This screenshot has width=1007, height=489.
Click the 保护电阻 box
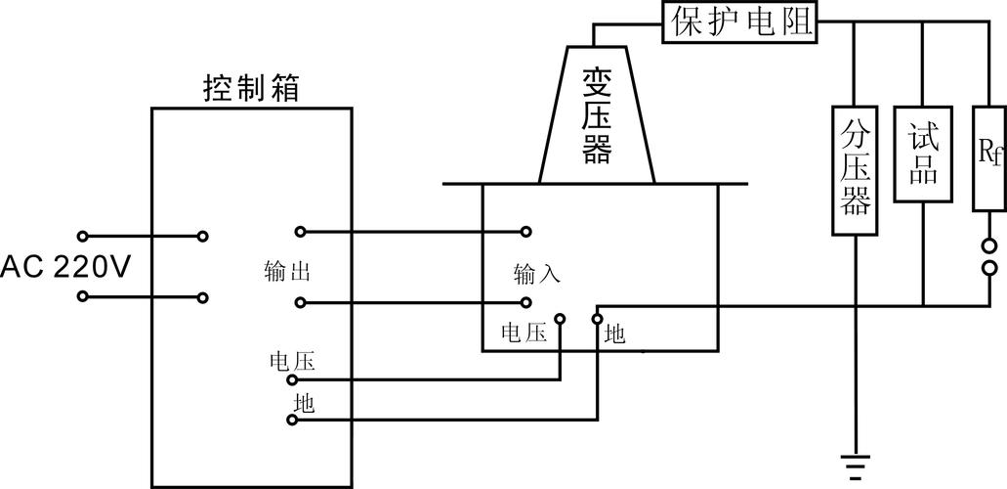tap(739, 22)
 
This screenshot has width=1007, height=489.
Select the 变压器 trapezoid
tap(597, 114)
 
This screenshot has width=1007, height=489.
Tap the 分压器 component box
tap(855, 170)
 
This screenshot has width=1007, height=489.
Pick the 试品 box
tap(924, 154)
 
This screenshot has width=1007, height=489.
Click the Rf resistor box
tap(989, 157)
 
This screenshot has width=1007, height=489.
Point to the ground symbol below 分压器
tap(855, 467)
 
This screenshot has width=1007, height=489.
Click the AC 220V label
tap(64, 267)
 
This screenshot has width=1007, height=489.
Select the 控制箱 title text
tap(251, 88)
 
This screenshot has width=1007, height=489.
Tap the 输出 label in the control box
tap(287, 272)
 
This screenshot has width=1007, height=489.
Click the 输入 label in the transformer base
tap(537, 275)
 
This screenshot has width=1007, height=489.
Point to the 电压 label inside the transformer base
tap(524, 333)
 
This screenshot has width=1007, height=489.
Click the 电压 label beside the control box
tap(293, 361)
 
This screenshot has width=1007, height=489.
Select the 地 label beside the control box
tap(305, 403)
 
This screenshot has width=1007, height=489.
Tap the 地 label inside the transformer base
tap(614, 333)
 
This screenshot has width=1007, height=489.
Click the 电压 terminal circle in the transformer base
tap(561, 318)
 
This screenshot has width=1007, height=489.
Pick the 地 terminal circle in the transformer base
tap(597, 318)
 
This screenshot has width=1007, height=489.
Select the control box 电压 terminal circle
tap(292, 379)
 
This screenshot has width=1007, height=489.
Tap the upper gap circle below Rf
tap(989, 245)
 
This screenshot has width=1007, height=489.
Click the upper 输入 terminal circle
tap(526, 232)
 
